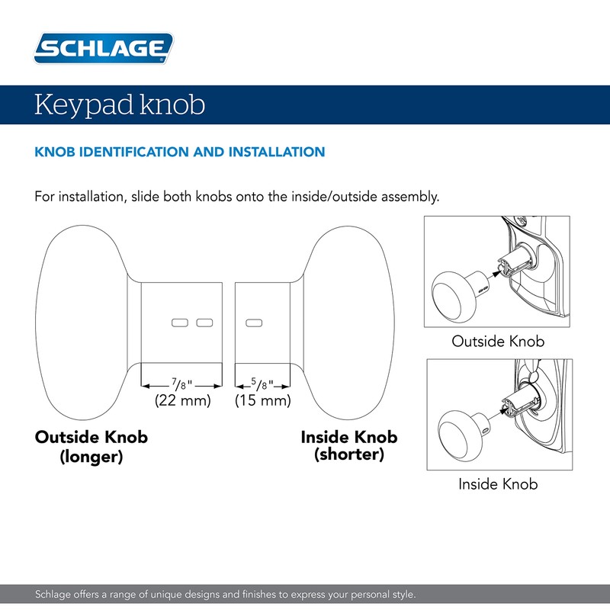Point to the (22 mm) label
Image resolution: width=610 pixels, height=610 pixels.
182,400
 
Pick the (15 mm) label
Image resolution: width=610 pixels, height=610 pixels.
263,400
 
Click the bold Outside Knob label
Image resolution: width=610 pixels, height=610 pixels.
91,438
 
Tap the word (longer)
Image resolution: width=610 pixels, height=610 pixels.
91,457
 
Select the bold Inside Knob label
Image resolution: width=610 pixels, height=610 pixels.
349,438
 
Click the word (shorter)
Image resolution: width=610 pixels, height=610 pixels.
349,455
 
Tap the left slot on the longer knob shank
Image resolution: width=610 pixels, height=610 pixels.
179,323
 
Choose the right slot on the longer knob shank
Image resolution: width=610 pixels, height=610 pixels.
204,323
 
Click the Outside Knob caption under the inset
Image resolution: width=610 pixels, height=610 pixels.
498,341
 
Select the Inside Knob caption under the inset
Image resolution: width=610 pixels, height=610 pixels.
498,483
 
